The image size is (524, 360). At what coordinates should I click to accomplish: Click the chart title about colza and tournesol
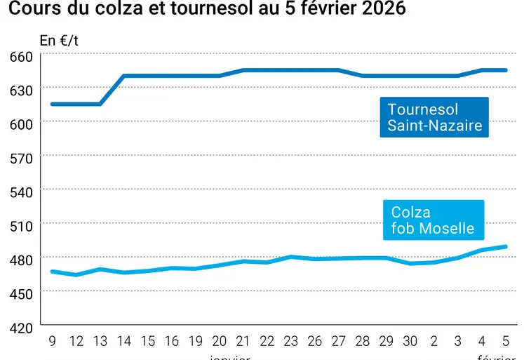click(206, 11)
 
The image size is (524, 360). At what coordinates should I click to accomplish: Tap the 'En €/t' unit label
click(59, 41)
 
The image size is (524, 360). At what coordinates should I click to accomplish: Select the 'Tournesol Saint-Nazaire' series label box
click(434, 117)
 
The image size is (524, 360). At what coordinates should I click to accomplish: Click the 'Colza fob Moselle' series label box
click(433, 220)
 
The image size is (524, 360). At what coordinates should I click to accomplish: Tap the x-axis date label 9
click(52, 342)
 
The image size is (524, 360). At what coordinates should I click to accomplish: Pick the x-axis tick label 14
click(124, 342)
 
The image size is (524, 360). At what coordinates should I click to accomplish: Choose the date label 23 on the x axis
click(291, 342)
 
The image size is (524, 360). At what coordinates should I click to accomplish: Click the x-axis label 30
click(410, 342)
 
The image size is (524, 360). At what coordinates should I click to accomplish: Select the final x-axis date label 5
click(505, 342)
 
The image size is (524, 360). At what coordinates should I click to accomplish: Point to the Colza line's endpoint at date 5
click(505, 246)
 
